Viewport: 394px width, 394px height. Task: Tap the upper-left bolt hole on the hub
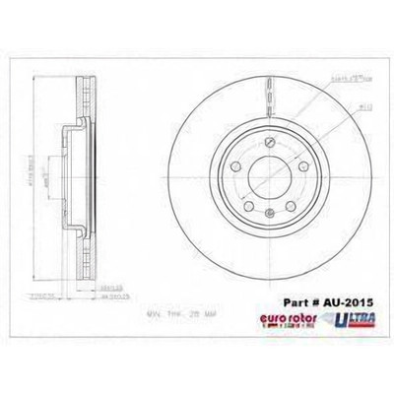tap(224, 163)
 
